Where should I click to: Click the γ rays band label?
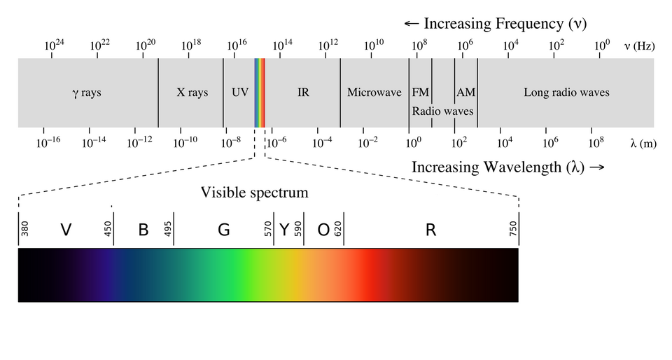click(x=87, y=92)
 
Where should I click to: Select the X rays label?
click(x=192, y=92)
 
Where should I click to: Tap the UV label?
click(x=239, y=92)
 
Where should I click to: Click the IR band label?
click(x=303, y=92)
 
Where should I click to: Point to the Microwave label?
click(x=374, y=92)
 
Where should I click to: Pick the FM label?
click(x=420, y=92)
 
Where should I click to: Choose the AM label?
click(x=465, y=92)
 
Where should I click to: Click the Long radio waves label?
click(x=566, y=92)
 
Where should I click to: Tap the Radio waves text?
click(x=442, y=111)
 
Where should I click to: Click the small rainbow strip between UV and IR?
click(x=260, y=92)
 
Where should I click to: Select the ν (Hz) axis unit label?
click(x=638, y=46)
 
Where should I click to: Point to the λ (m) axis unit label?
click(x=643, y=143)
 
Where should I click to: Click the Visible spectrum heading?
click(x=254, y=192)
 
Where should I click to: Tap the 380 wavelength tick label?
click(x=25, y=229)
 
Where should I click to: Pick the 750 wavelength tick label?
click(x=513, y=229)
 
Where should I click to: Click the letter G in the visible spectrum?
click(x=224, y=230)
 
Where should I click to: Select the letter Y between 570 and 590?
click(x=284, y=230)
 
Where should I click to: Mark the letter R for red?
click(x=430, y=230)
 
